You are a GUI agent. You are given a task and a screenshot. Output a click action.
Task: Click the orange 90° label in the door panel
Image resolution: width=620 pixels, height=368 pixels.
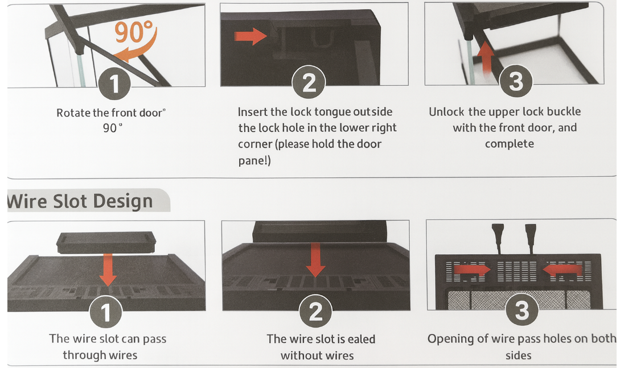pos(133,32)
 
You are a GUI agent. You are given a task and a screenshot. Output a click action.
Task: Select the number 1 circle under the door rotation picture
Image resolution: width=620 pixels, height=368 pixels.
pos(114,83)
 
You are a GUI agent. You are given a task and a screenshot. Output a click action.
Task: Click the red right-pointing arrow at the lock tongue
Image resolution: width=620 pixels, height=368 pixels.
pos(251,36)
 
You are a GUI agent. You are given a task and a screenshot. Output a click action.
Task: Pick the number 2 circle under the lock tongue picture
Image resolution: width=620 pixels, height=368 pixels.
pos(309,82)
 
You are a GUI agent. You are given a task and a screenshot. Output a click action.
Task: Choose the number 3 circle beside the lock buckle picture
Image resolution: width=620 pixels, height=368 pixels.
pos(516,81)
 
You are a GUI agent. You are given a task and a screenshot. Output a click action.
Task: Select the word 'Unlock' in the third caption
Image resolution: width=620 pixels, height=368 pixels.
pos(446,111)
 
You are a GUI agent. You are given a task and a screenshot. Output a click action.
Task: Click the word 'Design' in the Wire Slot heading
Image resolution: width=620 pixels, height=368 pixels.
pos(123,201)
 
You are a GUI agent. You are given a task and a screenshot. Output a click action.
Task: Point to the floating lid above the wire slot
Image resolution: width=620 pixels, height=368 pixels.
pos(106,242)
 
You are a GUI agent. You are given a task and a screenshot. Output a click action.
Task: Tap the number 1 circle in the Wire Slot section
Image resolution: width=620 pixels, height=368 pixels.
pos(105,312)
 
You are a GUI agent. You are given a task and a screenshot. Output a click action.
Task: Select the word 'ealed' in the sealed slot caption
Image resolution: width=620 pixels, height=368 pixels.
pos(360,339)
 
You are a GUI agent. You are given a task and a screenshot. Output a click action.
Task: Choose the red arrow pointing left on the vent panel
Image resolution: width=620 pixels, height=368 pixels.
pos(562,270)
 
